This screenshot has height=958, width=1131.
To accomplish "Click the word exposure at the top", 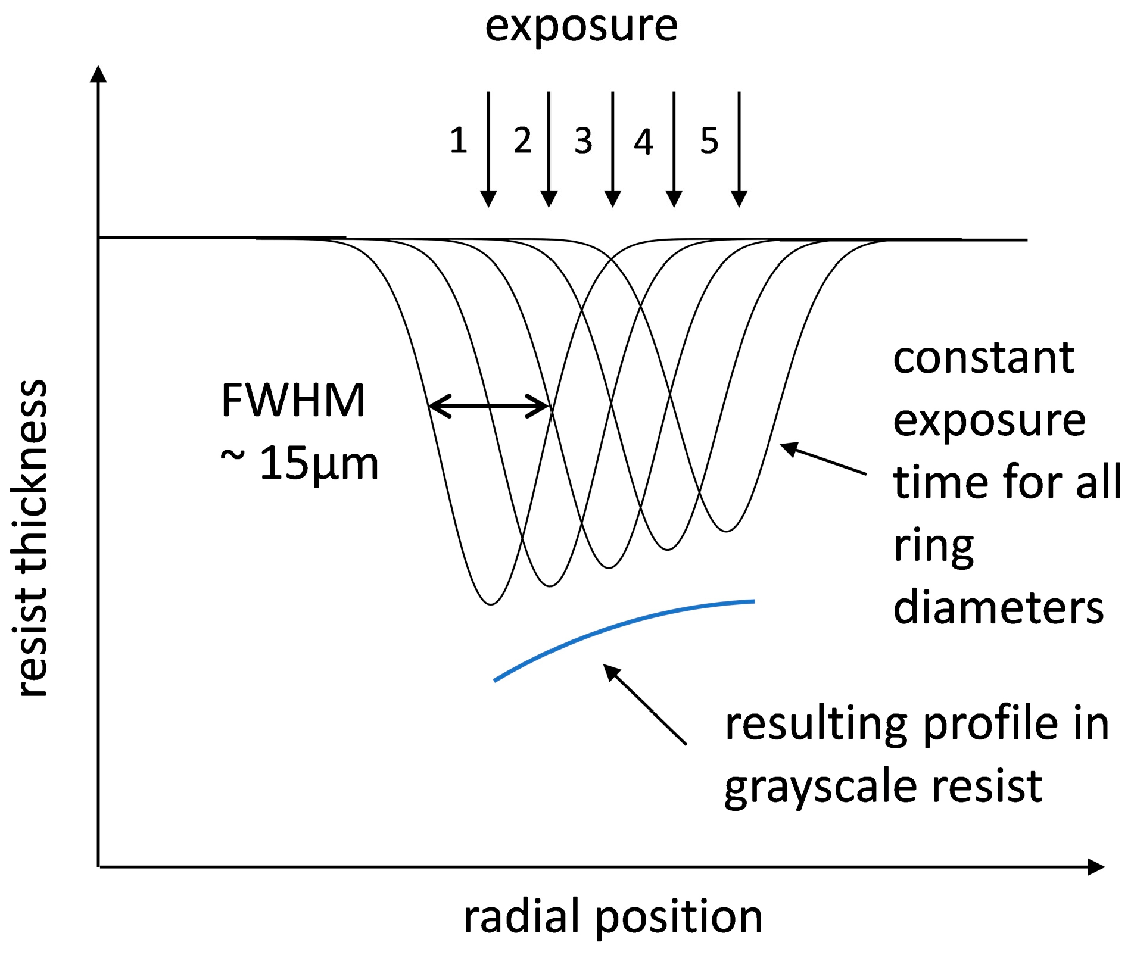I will pos(581,27).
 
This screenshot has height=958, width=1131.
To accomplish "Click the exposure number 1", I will pos(458,141).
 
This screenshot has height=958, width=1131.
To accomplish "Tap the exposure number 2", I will pos(522,141).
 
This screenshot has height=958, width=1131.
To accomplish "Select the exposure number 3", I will pos(583,141).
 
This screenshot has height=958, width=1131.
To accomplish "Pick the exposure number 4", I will pos(643,142).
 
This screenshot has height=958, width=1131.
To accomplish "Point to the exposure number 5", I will pos(709,141).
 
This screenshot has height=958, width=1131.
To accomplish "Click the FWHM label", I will pos(292,400).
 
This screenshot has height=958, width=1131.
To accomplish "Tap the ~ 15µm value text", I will pos(300,463).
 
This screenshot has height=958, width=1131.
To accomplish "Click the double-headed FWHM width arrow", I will pos(488,406).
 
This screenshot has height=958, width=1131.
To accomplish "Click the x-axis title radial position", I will pos(613,916).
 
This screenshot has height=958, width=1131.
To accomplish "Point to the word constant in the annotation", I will pos(983,358).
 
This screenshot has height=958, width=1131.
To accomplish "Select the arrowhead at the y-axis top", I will pos(98,74).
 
